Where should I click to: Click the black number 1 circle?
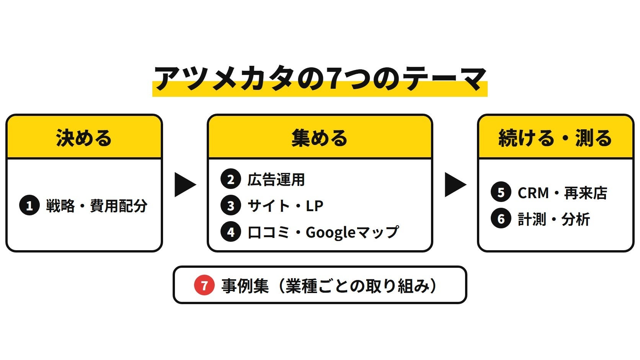pos(29,205)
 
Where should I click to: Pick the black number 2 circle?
pos(230,179)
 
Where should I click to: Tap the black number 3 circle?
pos(230,205)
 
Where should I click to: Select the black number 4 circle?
pos(230,232)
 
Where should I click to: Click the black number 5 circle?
pos(501,192)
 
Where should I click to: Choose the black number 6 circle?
pos(501,218)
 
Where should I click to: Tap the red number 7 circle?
pos(204,285)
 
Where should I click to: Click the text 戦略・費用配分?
pos(96,205)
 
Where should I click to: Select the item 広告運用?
pos(276,179)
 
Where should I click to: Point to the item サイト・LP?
pos(286,205)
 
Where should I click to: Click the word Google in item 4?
pos(331,232)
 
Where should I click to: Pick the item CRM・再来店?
pos(562,193)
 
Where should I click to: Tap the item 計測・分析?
pos(554,219)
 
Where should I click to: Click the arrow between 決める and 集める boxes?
pos(185,184)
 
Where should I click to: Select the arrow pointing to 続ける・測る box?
pos(456,184)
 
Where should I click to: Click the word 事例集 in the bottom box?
pos(245,285)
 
